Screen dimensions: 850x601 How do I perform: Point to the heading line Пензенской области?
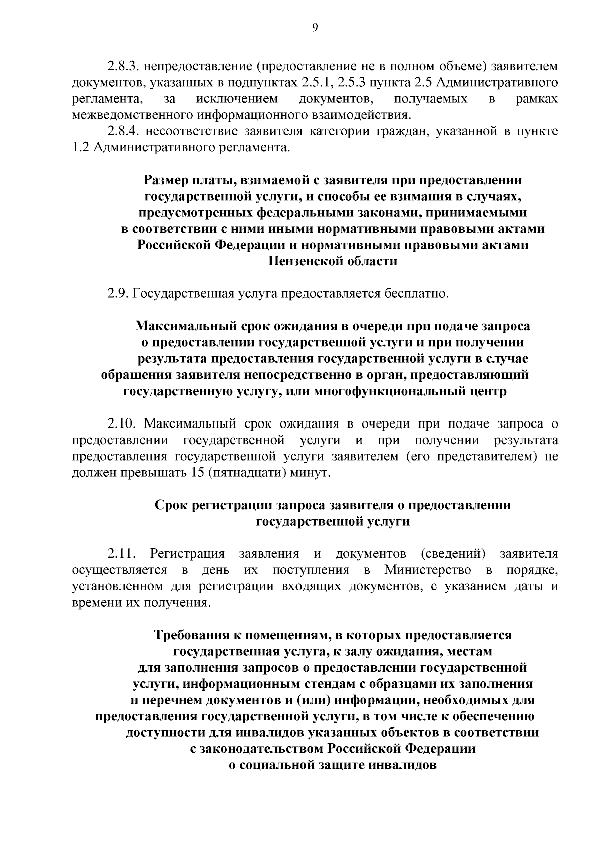click(x=333, y=261)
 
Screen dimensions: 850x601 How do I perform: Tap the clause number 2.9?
click(x=118, y=293)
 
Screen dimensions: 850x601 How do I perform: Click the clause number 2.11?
click(x=121, y=554)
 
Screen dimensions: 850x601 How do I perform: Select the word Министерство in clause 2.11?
click(x=427, y=570)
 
